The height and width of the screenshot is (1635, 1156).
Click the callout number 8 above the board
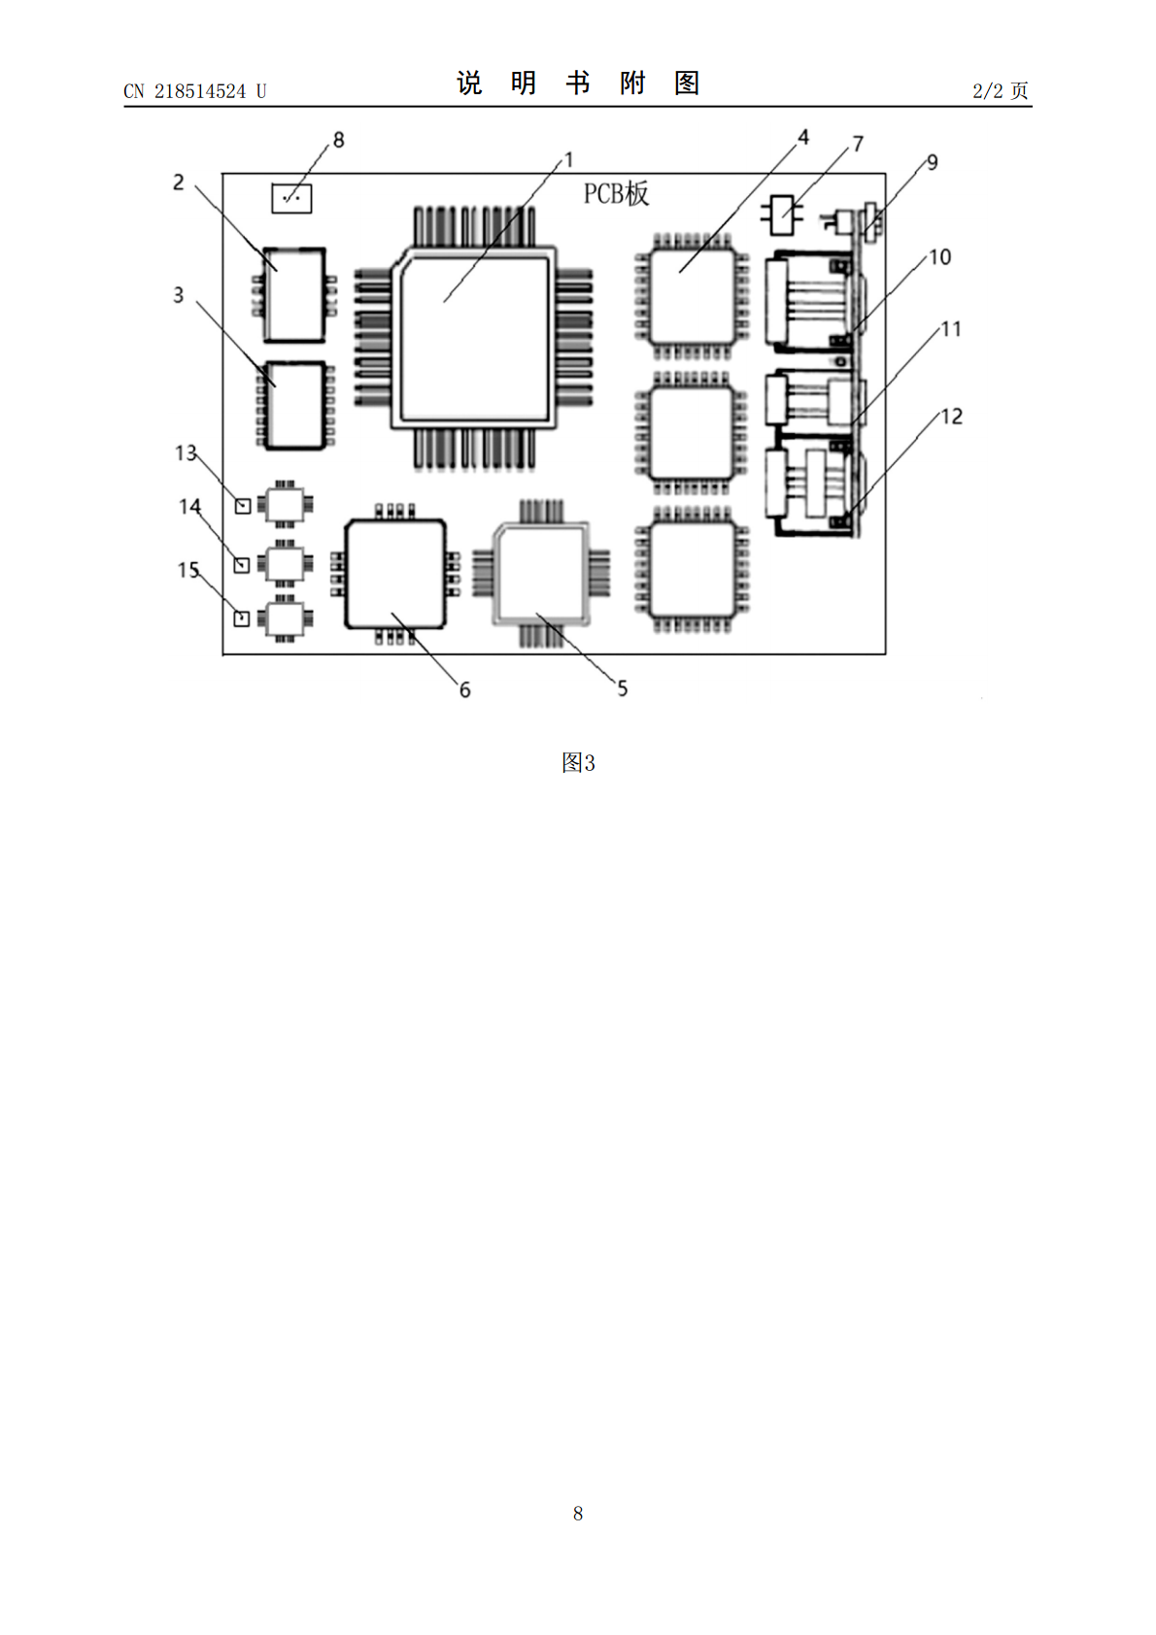pyautogui.click(x=338, y=140)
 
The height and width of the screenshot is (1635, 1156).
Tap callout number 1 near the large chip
pyautogui.click(x=569, y=160)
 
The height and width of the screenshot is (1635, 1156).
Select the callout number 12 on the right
pyautogui.click(x=951, y=417)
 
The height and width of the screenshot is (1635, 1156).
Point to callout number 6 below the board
pyautogui.click(x=464, y=689)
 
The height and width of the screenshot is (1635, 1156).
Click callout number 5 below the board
pyautogui.click(x=622, y=688)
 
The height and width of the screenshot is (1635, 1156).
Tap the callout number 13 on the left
pyautogui.click(x=186, y=453)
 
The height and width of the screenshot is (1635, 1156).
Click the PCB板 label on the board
pyautogui.click(x=616, y=193)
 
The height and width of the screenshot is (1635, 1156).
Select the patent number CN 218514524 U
pyautogui.click(x=195, y=91)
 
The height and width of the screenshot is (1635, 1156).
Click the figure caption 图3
pyautogui.click(x=578, y=763)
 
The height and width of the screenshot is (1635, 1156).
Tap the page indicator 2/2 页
pyautogui.click(x=1001, y=90)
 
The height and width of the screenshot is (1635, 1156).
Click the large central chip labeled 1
pyautogui.click(x=473, y=339)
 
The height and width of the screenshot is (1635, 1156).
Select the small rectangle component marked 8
pyautogui.click(x=291, y=198)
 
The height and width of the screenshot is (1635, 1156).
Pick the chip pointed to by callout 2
pyautogui.click(x=294, y=295)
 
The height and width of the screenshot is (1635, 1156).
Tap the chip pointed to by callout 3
pyautogui.click(x=294, y=406)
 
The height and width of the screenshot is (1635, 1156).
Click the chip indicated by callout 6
pyautogui.click(x=395, y=574)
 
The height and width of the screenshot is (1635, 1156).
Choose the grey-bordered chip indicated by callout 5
pyautogui.click(x=541, y=573)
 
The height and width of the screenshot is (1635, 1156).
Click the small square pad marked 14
pyautogui.click(x=242, y=565)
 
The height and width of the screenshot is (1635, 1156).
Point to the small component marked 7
pyautogui.click(x=781, y=215)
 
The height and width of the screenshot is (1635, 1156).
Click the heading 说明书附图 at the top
pyautogui.click(x=578, y=83)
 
